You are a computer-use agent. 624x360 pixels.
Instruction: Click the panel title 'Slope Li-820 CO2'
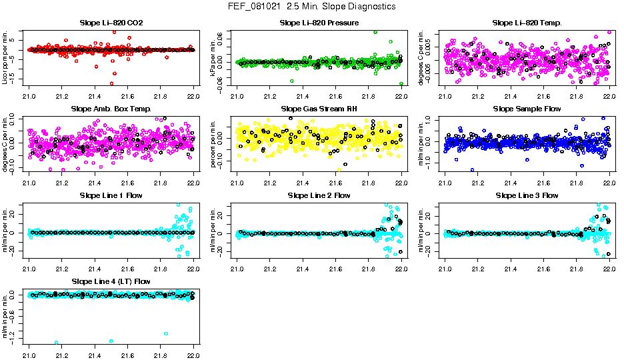111,23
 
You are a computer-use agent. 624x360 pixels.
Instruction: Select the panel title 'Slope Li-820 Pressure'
319,23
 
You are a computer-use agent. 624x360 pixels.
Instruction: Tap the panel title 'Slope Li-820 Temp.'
527,23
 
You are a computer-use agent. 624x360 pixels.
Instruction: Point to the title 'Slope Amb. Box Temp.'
111,109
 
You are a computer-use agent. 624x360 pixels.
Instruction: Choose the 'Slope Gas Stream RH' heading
319,109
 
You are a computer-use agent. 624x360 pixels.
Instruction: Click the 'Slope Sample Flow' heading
527,109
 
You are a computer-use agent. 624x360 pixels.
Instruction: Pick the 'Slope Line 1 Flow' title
111,195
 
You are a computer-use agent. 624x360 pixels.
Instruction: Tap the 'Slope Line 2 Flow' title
319,195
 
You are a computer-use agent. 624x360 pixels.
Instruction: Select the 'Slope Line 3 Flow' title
527,195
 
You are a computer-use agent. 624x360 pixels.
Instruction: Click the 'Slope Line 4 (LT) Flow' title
111,282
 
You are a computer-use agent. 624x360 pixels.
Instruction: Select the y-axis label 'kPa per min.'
213,57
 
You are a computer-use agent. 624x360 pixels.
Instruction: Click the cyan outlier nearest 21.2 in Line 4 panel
57,343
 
